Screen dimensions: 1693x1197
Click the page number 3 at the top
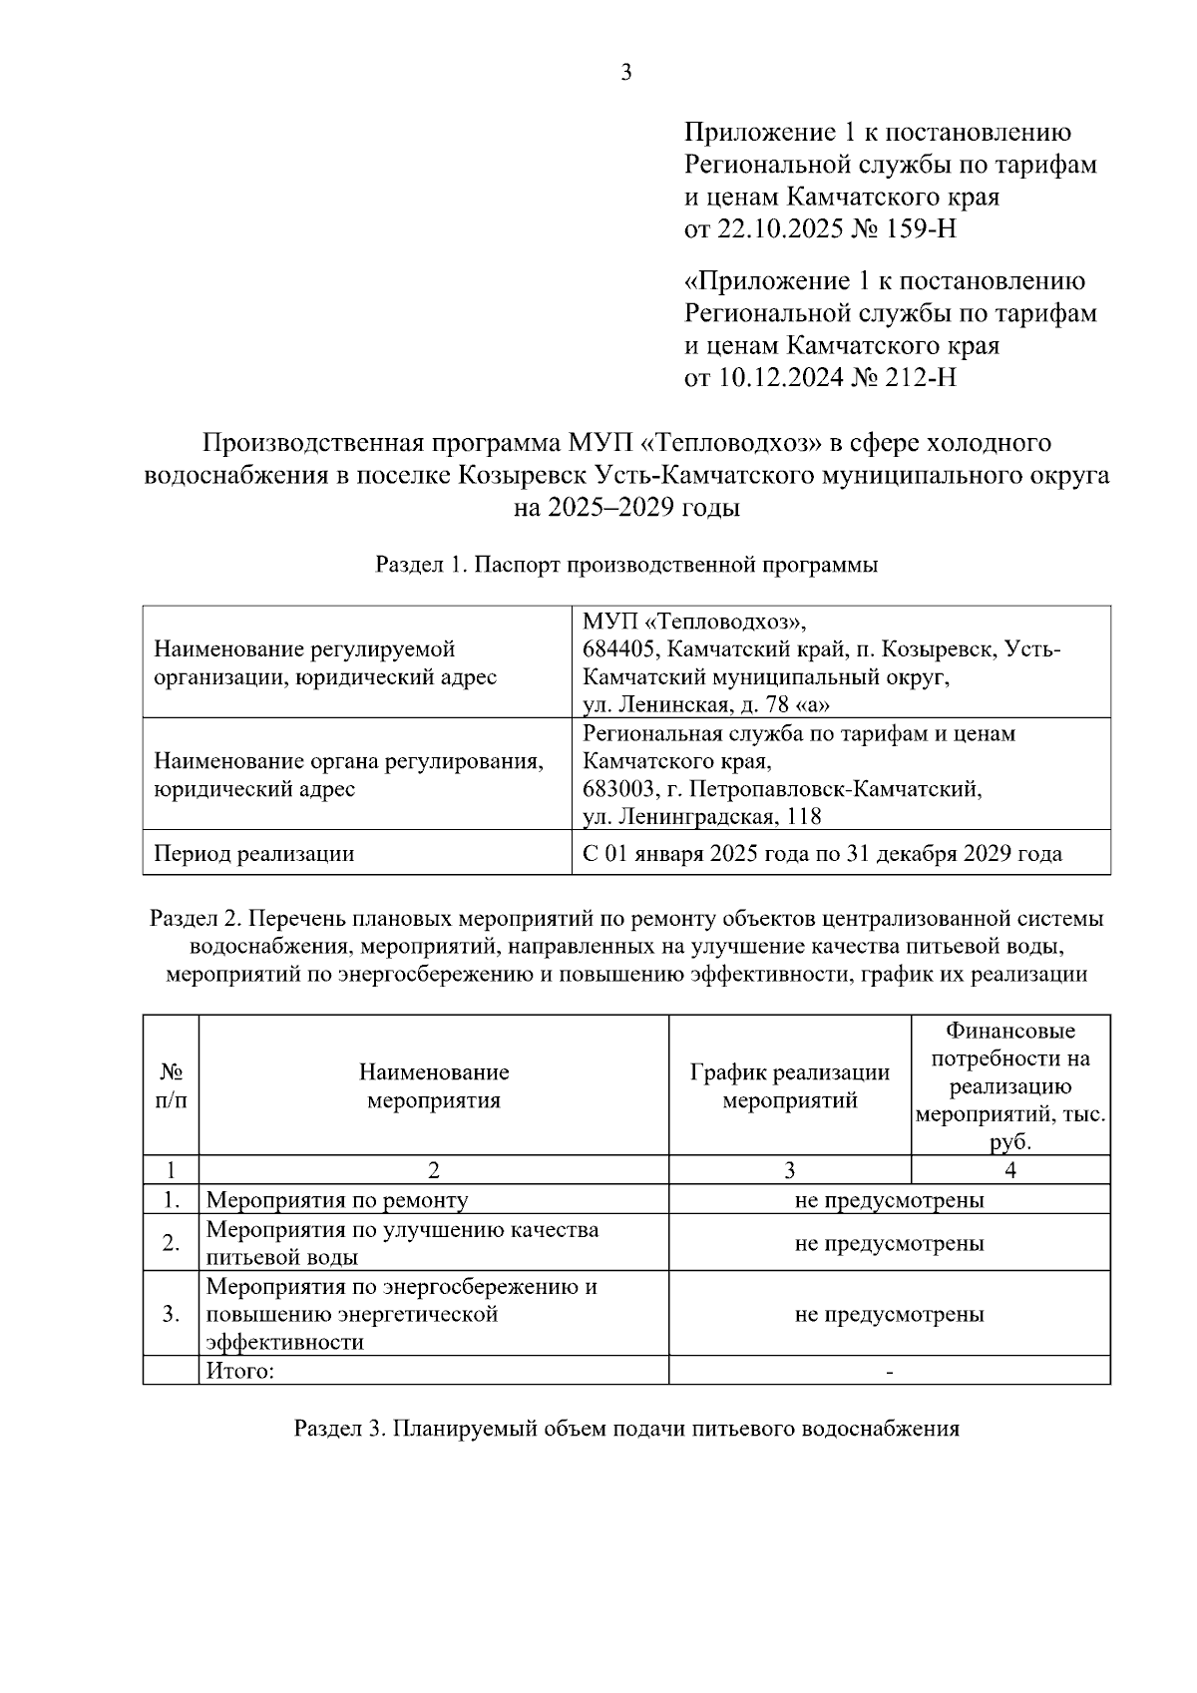coord(626,73)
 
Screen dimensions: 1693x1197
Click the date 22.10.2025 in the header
coord(773,229)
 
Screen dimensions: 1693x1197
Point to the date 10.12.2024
coord(773,378)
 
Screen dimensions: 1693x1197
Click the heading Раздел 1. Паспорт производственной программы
coord(626,565)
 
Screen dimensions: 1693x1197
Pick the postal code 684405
coord(619,650)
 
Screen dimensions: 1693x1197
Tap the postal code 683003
coord(619,790)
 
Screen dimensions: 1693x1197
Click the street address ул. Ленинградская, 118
coord(702,817)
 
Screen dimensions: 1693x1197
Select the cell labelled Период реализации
coord(253,854)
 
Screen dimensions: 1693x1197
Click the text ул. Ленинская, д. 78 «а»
coord(707,705)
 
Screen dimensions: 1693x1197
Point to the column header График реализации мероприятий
coord(789,1086)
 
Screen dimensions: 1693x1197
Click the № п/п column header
coord(171,1086)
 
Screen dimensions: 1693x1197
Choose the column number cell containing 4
coord(1010,1170)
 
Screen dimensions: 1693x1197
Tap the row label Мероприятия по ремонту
coord(337,1200)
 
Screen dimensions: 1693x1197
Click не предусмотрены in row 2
coord(889,1243)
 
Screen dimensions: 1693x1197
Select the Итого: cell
coord(240,1371)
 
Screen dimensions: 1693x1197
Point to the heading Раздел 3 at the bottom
coord(626,1429)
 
